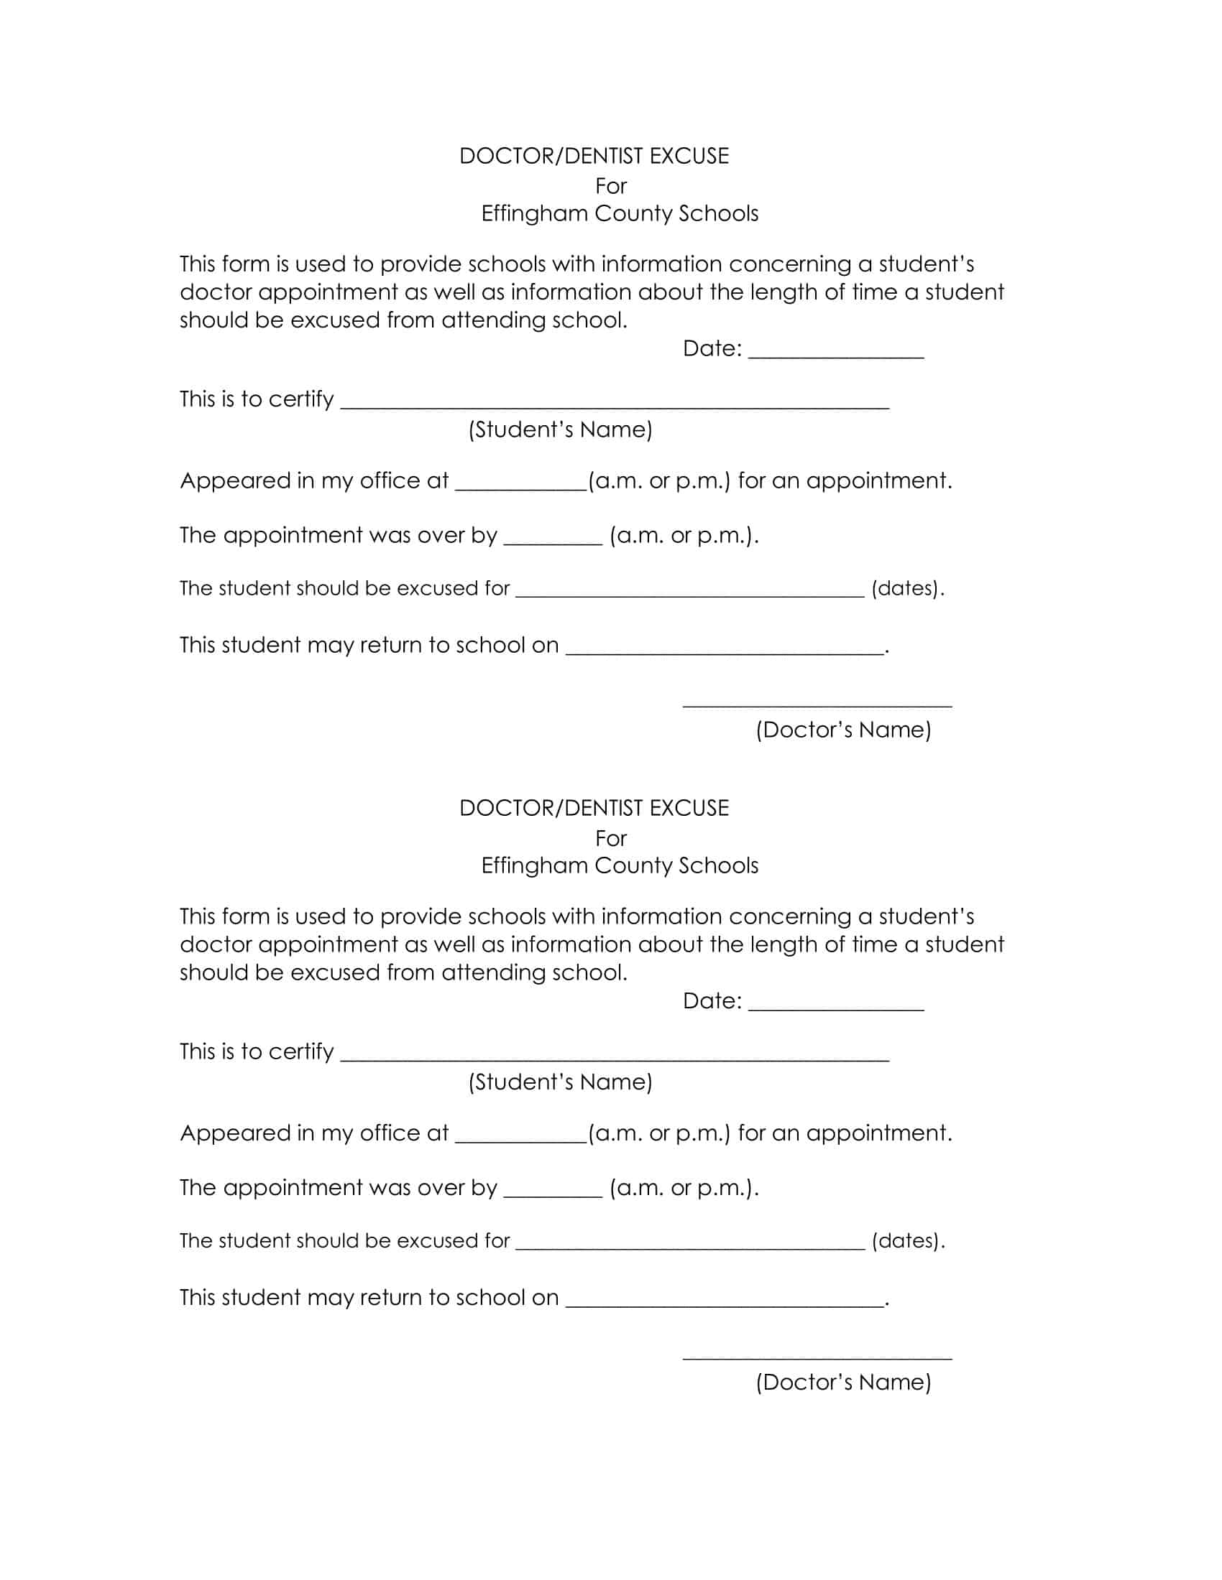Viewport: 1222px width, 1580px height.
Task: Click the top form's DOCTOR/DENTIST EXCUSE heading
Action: [594, 157]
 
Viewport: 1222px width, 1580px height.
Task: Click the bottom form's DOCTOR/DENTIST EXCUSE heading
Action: [594, 808]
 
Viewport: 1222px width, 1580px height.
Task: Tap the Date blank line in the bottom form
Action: [835, 1008]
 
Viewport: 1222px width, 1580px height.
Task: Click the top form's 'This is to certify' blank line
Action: [614, 406]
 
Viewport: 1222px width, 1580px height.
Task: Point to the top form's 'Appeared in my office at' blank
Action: [520, 488]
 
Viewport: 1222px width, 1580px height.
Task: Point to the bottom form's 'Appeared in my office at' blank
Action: [520, 1140]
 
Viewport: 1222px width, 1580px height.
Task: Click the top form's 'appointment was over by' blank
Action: [552, 542]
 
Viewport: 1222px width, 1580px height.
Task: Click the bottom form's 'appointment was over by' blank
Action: [552, 1194]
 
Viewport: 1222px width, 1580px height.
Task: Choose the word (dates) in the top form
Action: [907, 588]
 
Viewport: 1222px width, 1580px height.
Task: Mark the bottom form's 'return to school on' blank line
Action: [724, 1304]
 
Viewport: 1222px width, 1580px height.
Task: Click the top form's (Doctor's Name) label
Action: [842, 729]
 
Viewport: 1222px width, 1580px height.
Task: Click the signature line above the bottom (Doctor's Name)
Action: [817, 1358]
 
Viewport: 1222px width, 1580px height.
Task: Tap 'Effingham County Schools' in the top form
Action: [620, 213]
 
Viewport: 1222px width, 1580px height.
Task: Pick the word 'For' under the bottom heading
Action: [610, 838]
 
